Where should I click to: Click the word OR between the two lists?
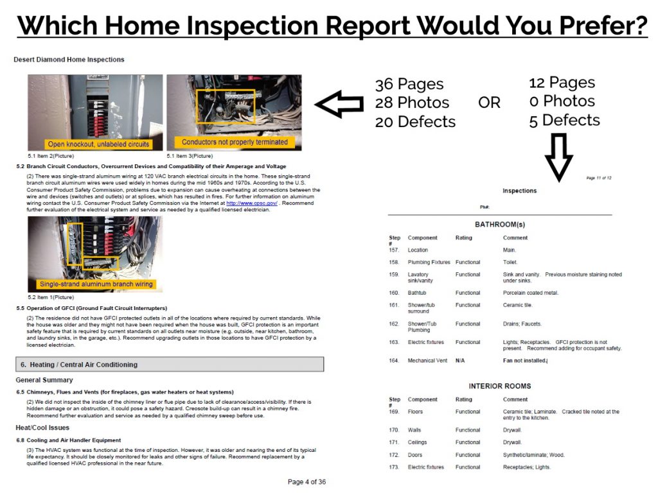pos(490,103)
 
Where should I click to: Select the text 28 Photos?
pos(412,103)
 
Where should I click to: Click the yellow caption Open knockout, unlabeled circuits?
pos(98,144)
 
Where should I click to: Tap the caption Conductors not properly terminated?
pos(235,142)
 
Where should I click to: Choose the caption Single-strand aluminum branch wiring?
pos(96,284)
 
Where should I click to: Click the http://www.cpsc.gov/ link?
pos(252,203)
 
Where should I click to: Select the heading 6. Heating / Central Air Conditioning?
pos(79,365)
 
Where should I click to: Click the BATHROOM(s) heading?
pos(499,225)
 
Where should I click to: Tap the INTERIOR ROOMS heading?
pos(499,386)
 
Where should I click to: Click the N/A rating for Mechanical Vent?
pos(460,361)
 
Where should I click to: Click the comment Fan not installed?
pos(525,361)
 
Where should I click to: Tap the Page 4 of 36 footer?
pos(307,482)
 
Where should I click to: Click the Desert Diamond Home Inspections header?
pos(69,60)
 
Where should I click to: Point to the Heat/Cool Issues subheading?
pos(42,428)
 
